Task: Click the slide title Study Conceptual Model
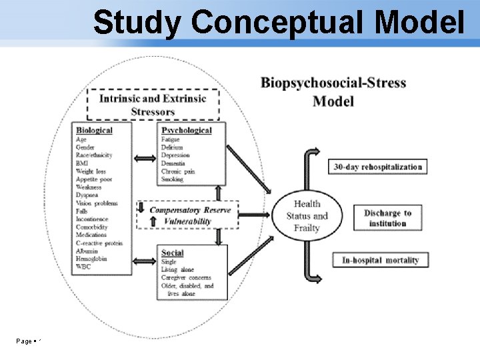click(x=279, y=23)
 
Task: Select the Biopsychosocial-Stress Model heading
click(x=333, y=92)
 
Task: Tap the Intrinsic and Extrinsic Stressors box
click(x=153, y=105)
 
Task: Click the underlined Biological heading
click(x=94, y=131)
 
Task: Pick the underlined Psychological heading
click(x=186, y=131)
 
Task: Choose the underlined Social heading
click(x=173, y=253)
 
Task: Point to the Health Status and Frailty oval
click(x=307, y=215)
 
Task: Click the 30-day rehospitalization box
click(x=378, y=167)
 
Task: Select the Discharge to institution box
click(x=387, y=218)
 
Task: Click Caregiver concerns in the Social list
click(x=187, y=277)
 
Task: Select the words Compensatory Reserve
click(x=190, y=210)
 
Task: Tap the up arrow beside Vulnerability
click(x=141, y=221)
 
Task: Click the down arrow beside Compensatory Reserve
click(x=141, y=208)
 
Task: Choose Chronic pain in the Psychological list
click(x=178, y=171)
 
